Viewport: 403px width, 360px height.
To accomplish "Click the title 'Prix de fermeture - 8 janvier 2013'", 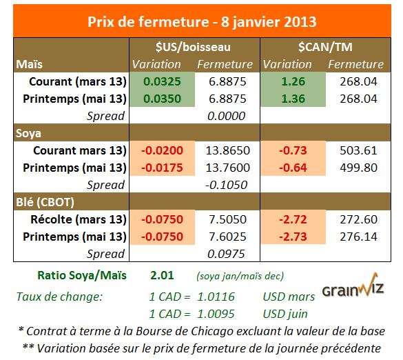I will [201, 21].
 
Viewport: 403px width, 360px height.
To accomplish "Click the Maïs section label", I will [31, 64].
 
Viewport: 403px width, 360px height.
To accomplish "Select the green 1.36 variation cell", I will [292, 99].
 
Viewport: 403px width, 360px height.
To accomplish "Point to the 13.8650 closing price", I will [226, 150].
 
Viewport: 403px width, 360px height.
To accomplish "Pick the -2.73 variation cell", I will [292, 237].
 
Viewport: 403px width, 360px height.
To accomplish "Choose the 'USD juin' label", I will [286, 314].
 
